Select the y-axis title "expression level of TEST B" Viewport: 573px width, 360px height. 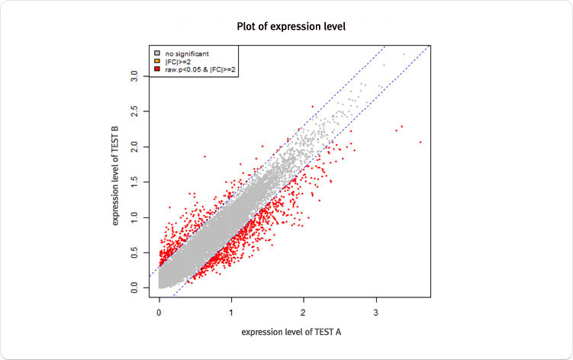click(x=117, y=174)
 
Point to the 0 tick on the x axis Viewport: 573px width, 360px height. click(x=159, y=312)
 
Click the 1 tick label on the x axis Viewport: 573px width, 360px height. click(x=231, y=312)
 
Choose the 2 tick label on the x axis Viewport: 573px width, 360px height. click(x=304, y=312)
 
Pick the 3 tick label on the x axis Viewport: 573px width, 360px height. click(x=376, y=312)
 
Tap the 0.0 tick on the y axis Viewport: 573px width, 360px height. click(x=134, y=288)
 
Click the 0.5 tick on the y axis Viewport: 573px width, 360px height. click(x=134, y=252)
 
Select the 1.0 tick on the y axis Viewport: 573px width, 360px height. click(x=134, y=217)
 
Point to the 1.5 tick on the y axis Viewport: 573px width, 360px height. click(x=134, y=182)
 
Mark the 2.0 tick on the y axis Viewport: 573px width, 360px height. click(x=134, y=146)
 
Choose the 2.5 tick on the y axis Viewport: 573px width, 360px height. click(x=134, y=111)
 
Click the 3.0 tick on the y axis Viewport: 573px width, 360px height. click(x=134, y=76)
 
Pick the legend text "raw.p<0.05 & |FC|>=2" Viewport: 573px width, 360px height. click(x=199, y=69)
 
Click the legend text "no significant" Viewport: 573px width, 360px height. click(x=187, y=53)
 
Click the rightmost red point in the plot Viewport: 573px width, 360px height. click(x=420, y=142)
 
